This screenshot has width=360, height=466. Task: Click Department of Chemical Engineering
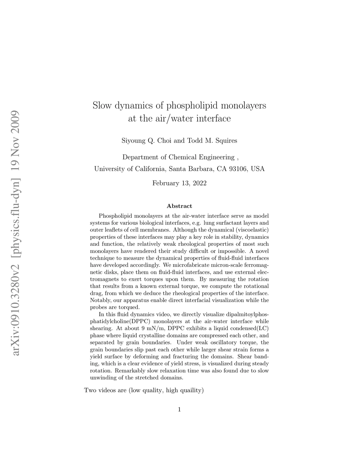pyautogui.click(x=178, y=157)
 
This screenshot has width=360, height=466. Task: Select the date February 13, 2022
pyautogui.click(x=179, y=183)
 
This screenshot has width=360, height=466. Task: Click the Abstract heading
pyautogui.click(x=179, y=206)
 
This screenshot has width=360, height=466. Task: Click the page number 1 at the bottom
pyautogui.click(x=179, y=409)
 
